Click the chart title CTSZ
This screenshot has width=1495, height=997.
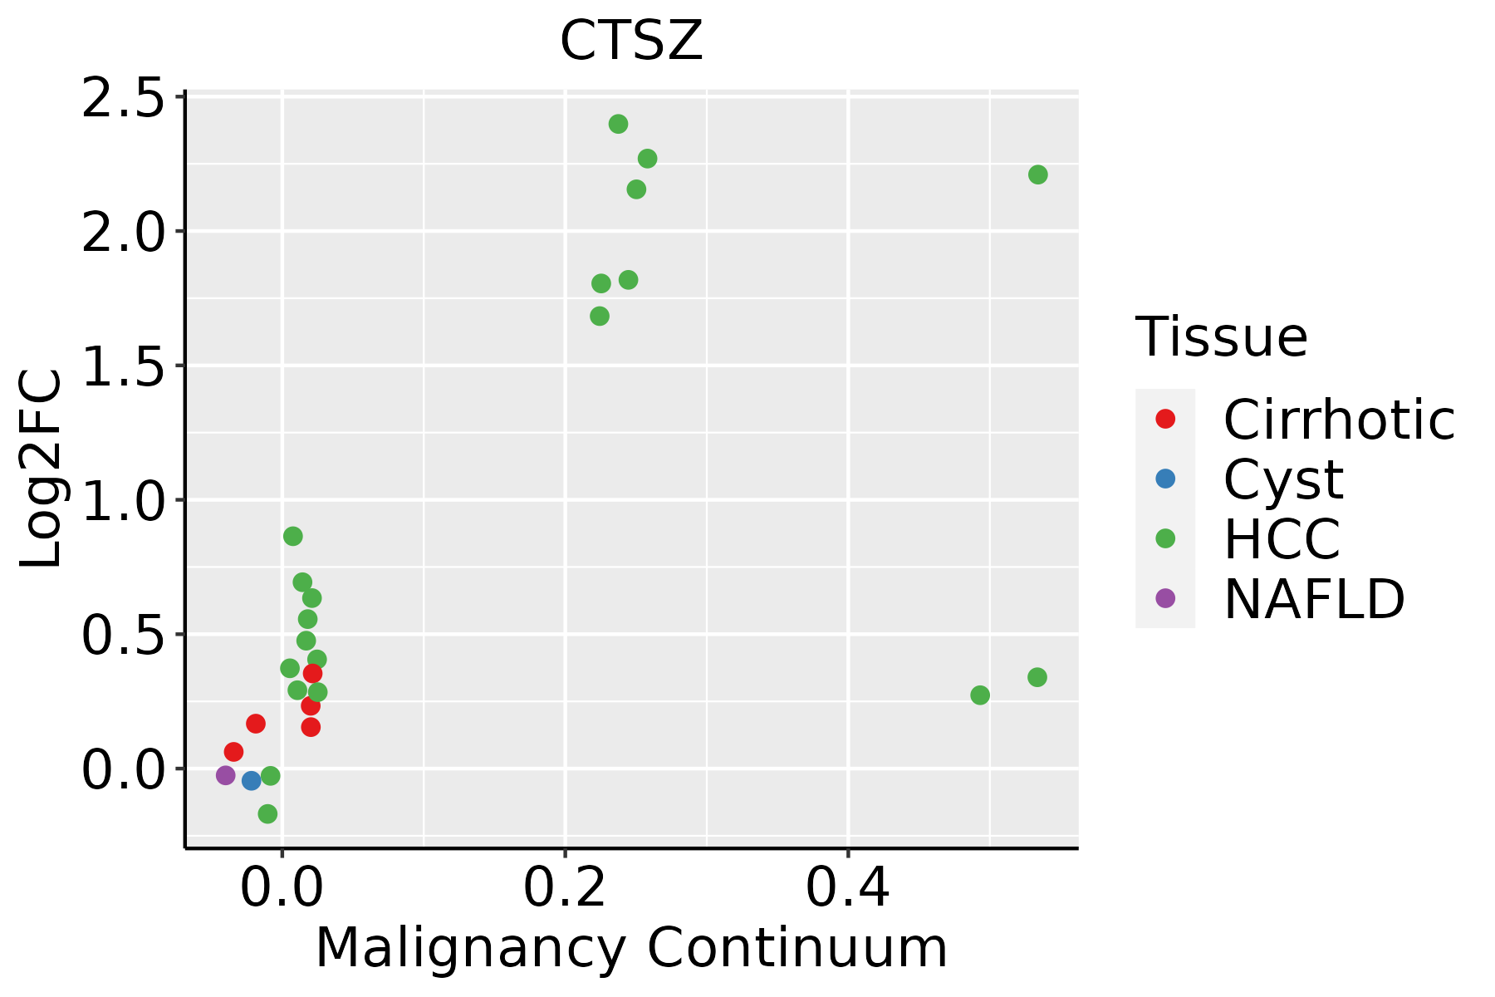(631, 42)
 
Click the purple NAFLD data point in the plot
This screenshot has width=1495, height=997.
(225, 775)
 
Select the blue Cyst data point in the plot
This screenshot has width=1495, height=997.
(252, 780)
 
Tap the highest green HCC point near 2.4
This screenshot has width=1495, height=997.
(618, 124)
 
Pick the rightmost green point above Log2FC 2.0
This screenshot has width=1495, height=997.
(1037, 174)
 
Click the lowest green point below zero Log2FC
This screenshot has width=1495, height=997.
(267, 813)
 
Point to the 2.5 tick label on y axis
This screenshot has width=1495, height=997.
(122, 98)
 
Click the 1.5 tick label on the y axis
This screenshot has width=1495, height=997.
(122, 366)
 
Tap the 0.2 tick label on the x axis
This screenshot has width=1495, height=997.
(565, 888)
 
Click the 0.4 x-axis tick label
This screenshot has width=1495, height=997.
(848, 888)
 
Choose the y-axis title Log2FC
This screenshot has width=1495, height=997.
(41, 469)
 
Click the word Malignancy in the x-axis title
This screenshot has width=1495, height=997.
(470, 949)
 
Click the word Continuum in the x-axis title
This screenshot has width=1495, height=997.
(797, 949)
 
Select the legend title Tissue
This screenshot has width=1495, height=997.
(1221, 337)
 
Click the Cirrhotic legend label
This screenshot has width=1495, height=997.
(1338, 420)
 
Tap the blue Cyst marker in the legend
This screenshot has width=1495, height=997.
(1165, 479)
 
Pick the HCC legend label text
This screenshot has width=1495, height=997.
(1282, 538)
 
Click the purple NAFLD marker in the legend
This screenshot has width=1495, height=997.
(1165, 597)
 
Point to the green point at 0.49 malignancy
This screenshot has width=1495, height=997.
(980, 695)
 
